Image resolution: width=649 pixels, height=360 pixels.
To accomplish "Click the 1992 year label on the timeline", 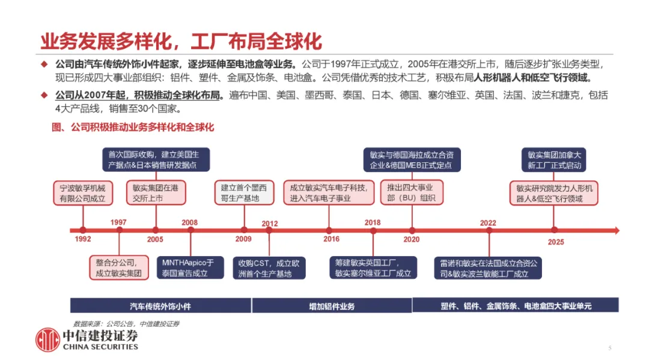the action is pyautogui.click(x=83, y=239).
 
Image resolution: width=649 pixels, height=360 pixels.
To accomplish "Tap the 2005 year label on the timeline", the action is pyautogui.click(x=155, y=239).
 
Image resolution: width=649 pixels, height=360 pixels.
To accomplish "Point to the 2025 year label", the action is pyautogui.click(x=555, y=243).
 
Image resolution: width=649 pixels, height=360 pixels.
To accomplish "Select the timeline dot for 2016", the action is pyautogui.click(x=329, y=230).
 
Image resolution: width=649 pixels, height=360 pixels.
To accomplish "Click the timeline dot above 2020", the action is pyautogui.click(x=412, y=230).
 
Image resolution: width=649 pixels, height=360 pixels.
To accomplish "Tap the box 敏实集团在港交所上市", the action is pyautogui.click(x=155, y=192).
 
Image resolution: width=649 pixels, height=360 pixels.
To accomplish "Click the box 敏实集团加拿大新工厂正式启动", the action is pyautogui.click(x=554, y=160).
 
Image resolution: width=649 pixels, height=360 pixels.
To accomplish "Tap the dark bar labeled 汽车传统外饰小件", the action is pyautogui.click(x=160, y=305).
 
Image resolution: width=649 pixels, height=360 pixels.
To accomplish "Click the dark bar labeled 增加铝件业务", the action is pyautogui.click(x=332, y=305).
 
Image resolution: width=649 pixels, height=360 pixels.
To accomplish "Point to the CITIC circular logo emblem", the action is pyautogui.click(x=47, y=340).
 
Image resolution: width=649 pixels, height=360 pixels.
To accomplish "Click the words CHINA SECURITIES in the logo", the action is pyautogui.click(x=100, y=347).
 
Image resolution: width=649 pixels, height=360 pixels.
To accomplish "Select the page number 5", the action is pyautogui.click(x=610, y=348).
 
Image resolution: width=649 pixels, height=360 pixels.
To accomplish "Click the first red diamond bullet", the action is pyautogui.click(x=44, y=64).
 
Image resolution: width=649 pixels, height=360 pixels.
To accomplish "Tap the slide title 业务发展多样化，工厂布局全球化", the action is pyautogui.click(x=181, y=41).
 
